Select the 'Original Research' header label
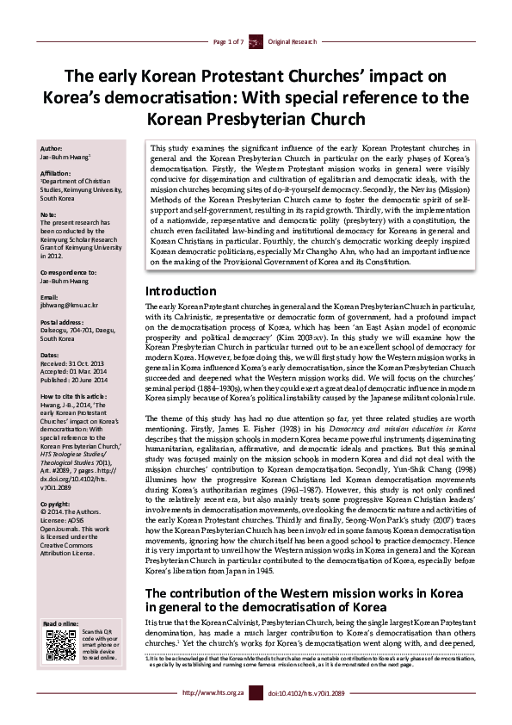pyautogui.click(x=293, y=41)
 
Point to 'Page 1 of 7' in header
pyautogui.click(x=228, y=41)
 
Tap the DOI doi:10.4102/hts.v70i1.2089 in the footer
pyautogui.click(x=305, y=716)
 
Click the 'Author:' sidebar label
pyautogui.click(x=52, y=148)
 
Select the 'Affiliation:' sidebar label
pyautogui.click(x=57, y=172)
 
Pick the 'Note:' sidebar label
pyautogui.click(x=48, y=214)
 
